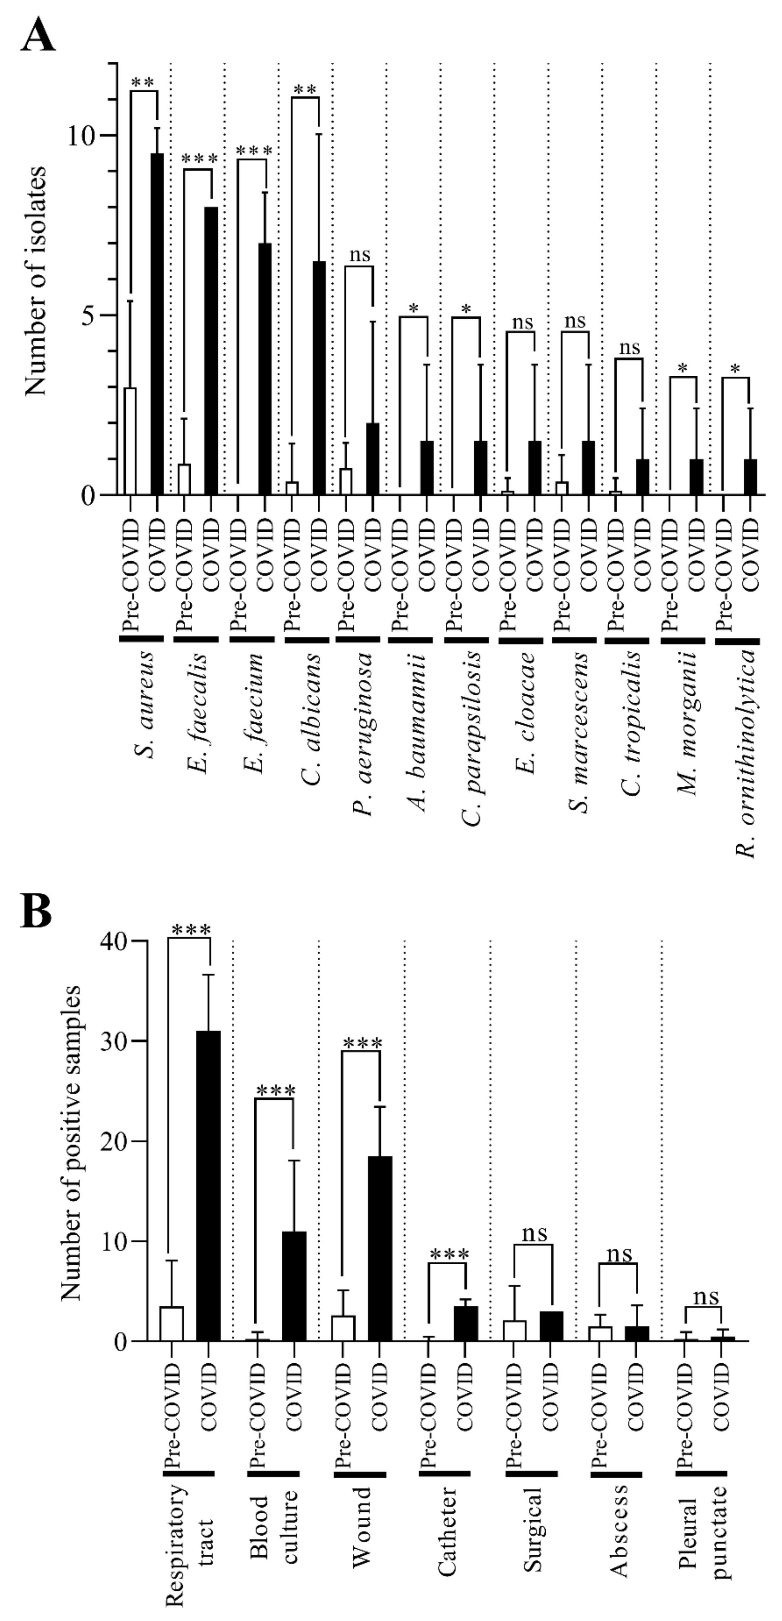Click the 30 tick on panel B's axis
coord(113,1041)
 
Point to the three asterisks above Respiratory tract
coord(191,930)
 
